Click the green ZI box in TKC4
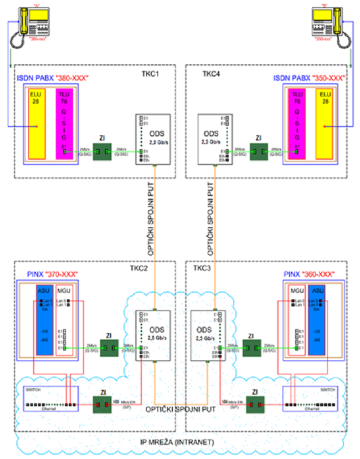pos(259,151)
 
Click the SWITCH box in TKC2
pos(50,399)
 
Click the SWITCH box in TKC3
pos(311,399)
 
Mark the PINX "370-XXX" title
pos(53,275)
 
